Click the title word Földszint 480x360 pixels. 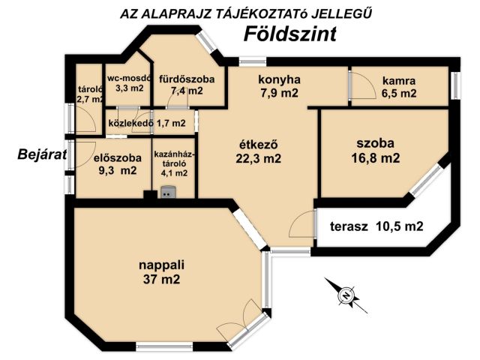tap(290, 34)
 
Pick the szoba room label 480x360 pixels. tap(374, 142)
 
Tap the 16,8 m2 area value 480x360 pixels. tap(374, 157)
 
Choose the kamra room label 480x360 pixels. tap(398, 81)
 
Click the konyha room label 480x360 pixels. tap(279, 79)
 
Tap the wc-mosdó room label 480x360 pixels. tap(129, 77)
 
